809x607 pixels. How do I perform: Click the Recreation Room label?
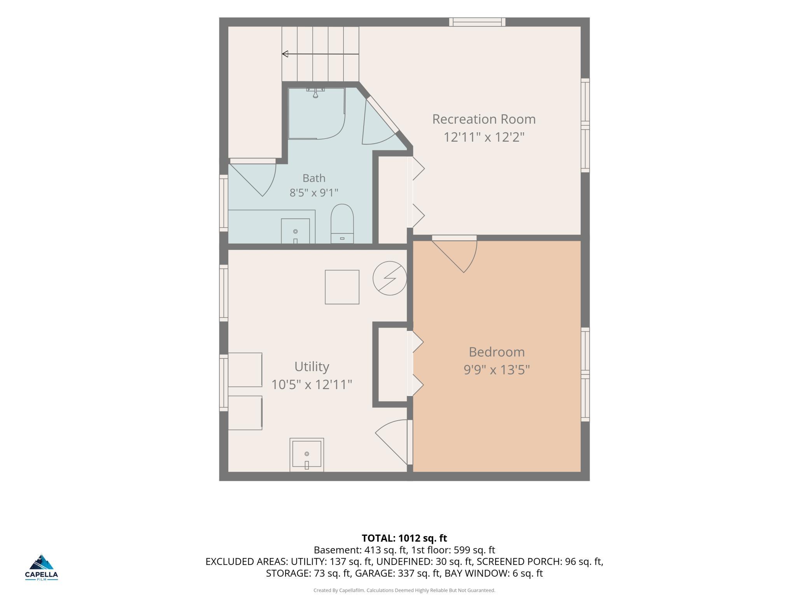[x=484, y=119]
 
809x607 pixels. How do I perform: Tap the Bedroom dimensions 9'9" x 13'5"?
[x=497, y=370]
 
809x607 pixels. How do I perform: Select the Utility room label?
[x=312, y=367]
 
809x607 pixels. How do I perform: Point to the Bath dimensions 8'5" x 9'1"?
[x=314, y=193]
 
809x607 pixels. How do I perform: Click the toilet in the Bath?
[x=342, y=224]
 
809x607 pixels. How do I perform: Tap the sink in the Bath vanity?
[x=295, y=231]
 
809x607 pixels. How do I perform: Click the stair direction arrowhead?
[x=285, y=54]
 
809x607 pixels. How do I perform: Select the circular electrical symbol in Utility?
[x=390, y=278]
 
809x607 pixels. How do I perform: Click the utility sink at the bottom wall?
[x=307, y=455]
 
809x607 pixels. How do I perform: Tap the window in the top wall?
[x=477, y=22]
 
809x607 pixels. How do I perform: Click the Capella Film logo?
[x=42, y=567]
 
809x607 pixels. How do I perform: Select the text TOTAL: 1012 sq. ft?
[x=404, y=538]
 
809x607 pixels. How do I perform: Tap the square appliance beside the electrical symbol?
[x=342, y=287]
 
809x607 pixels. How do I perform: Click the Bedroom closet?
[x=393, y=364]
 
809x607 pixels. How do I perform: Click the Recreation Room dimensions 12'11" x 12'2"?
[x=484, y=137]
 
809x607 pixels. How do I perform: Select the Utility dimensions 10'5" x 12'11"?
[x=312, y=385]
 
